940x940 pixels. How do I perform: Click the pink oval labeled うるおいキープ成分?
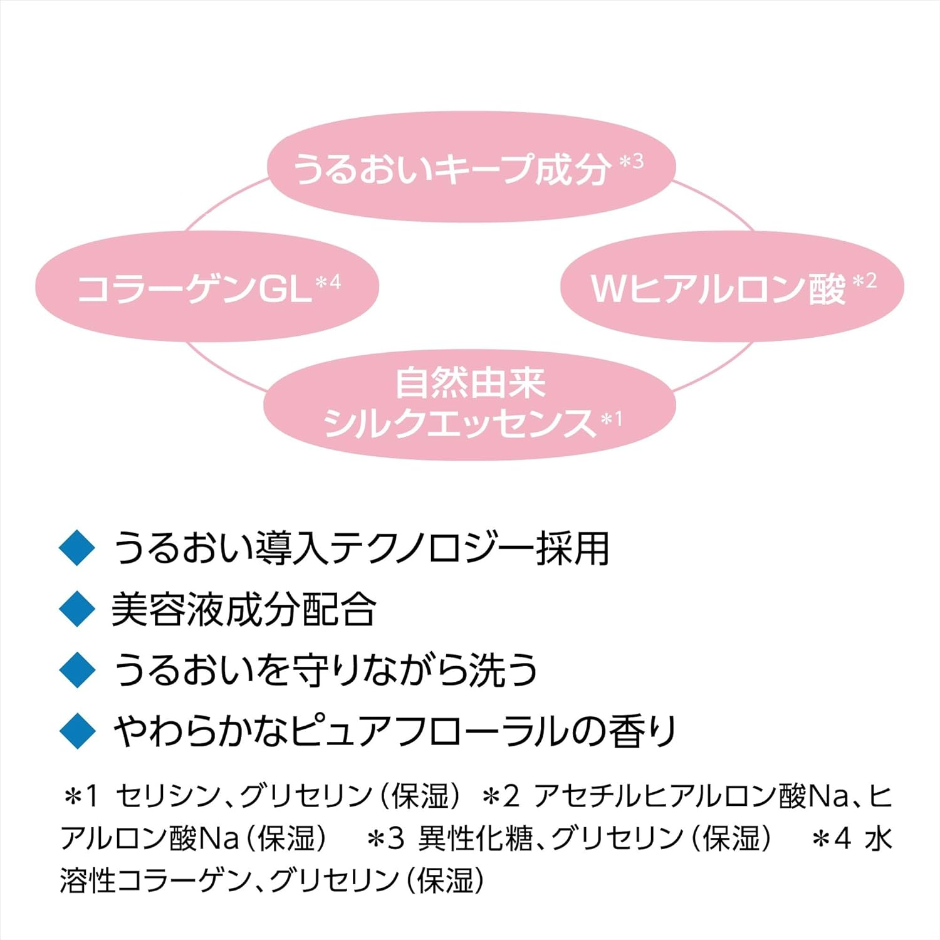[x=471, y=166]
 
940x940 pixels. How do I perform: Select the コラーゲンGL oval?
[x=207, y=286]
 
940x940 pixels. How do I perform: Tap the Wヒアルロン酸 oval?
[x=732, y=286]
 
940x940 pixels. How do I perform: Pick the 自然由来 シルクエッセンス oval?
[x=470, y=404]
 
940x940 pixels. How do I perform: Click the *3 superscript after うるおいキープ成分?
[x=631, y=162]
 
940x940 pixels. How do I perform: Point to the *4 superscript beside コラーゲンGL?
[x=328, y=283]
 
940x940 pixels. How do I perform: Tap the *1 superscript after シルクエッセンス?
[x=612, y=419]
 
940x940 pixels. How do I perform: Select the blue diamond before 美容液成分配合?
[x=76, y=608]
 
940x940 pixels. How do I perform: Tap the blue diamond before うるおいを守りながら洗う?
[x=76, y=669]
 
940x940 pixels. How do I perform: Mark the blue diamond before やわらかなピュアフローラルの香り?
[x=76, y=731]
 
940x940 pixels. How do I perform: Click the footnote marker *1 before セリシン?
[x=81, y=796]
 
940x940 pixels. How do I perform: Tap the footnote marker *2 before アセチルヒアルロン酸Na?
[x=501, y=796]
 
